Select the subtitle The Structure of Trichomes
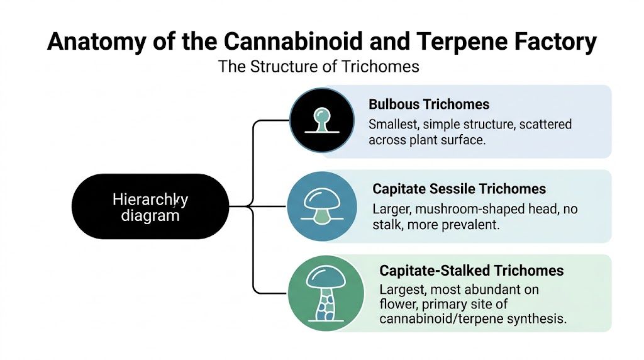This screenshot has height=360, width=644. (x=318, y=66)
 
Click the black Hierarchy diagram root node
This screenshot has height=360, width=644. (x=150, y=207)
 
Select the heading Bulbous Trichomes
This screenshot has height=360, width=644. (x=429, y=104)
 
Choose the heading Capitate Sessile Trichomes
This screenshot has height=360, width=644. (x=459, y=189)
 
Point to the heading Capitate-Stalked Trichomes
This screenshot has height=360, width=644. (x=472, y=271)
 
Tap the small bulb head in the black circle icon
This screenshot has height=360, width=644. (x=321, y=115)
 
